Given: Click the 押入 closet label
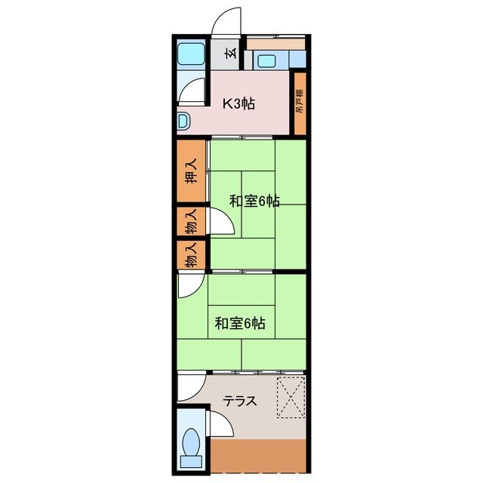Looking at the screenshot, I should click(192, 172).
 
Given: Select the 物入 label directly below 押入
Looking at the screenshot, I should click(192, 223).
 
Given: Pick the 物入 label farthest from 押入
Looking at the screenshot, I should click(192, 256).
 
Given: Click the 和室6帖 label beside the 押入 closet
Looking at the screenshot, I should click(255, 201).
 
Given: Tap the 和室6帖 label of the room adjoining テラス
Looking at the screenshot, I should click(239, 323).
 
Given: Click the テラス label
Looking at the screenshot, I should click(240, 401).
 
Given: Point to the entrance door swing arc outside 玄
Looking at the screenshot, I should click(226, 20).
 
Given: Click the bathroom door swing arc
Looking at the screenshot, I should click(194, 92).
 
